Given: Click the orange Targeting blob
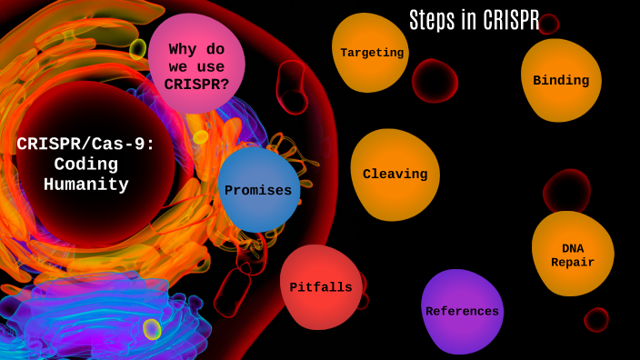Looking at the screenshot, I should [370, 52].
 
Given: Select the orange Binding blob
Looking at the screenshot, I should [561, 80].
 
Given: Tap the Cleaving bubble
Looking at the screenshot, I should [395, 174].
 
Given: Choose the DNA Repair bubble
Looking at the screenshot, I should [573, 254].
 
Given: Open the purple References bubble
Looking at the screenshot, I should [462, 311].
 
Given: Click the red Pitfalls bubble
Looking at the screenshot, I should [320, 287].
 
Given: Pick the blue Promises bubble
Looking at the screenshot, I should [258, 190].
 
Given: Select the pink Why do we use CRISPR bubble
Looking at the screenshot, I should [196, 65].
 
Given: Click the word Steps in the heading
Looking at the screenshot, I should [431, 20].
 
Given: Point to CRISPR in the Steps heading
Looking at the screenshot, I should [512, 20].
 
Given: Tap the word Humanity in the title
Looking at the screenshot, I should [86, 185].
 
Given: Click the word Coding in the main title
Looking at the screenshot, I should [86, 165].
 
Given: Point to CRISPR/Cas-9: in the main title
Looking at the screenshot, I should [86, 144].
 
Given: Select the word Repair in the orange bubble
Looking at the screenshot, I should [573, 263].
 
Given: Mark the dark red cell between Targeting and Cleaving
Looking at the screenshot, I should [434, 81].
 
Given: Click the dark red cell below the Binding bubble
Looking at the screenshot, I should [566, 192].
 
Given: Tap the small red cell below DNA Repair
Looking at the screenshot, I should [596, 319].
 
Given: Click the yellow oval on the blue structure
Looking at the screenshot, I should [152, 329].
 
